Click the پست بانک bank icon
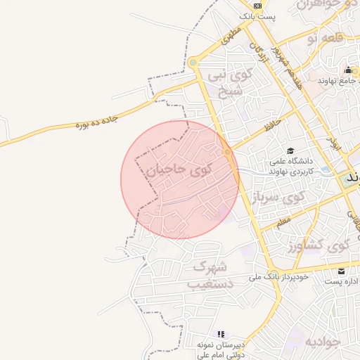coord(258,5)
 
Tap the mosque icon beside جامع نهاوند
coord(348,70)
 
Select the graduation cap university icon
coord(290,150)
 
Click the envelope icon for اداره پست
coord(341,271)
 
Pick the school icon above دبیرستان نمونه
coord(221,334)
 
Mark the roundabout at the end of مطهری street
coord(193,63)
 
